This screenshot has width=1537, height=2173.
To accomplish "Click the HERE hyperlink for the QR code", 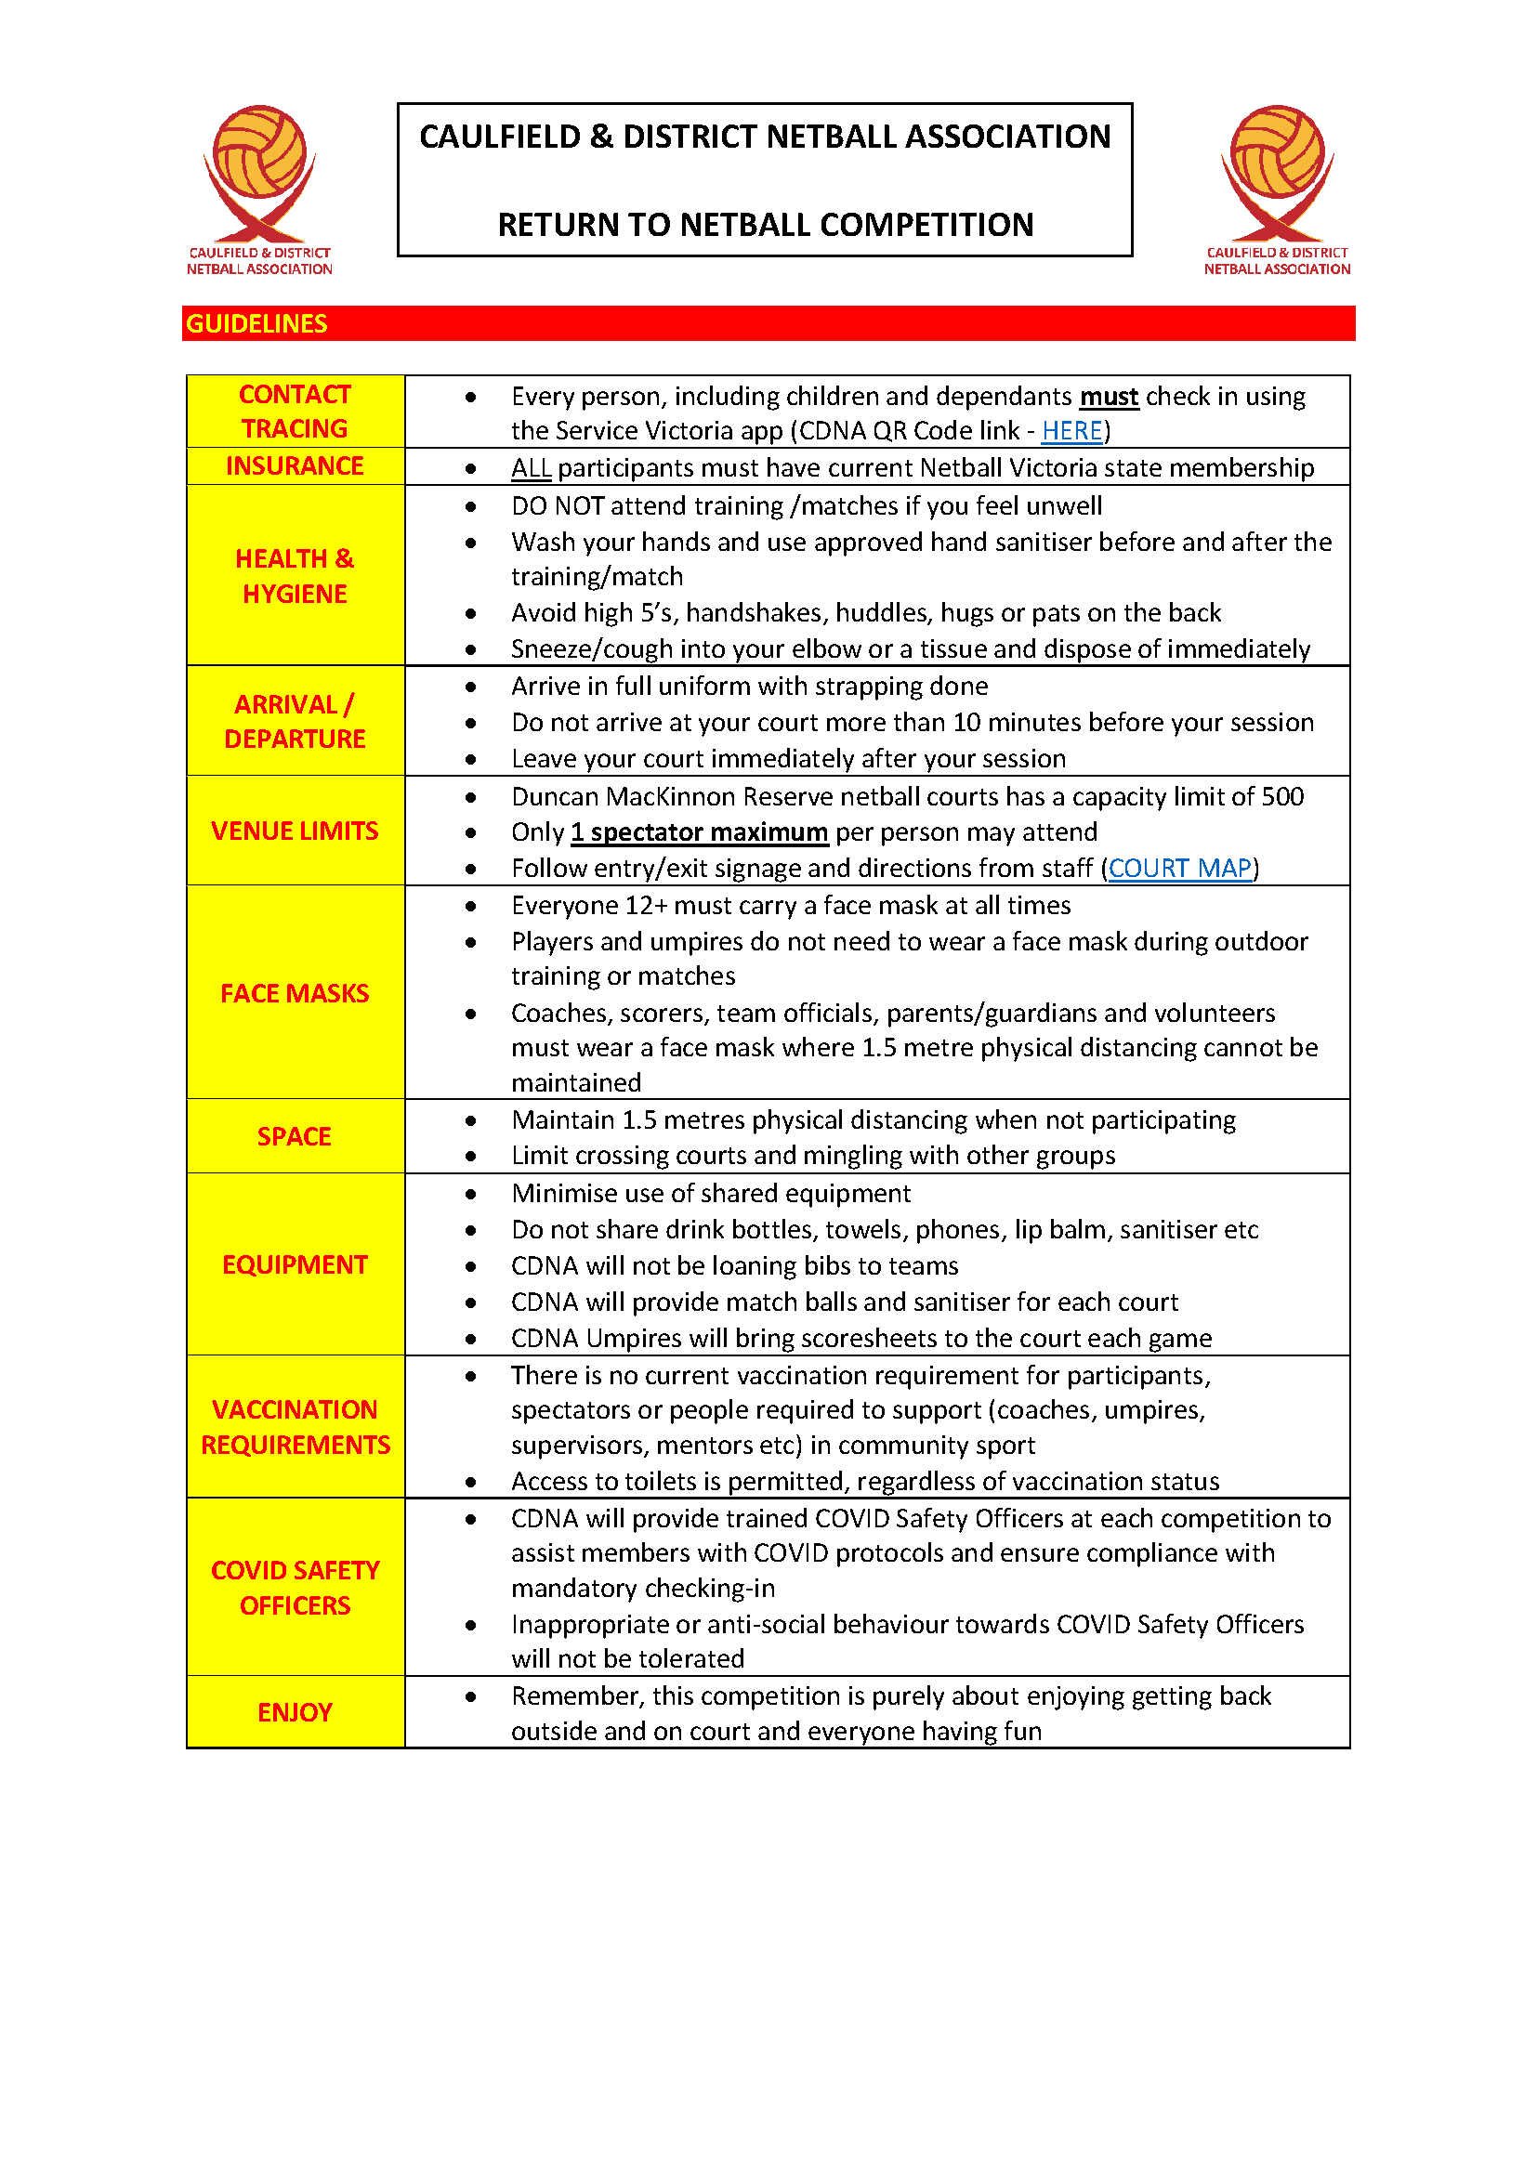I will [x=1071, y=431].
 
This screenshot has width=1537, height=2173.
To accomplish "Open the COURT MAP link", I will [x=1179, y=868].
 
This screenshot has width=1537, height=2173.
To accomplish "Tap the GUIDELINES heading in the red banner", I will [x=256, y=323].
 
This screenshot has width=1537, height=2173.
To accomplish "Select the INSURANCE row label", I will [x=295, y=465].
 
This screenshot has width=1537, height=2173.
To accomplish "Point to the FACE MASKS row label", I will [x=295, y=993].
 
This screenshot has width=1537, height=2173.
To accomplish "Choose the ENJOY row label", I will [x=295, y=1712].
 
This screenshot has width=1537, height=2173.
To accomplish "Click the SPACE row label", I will [x=295, y=1135].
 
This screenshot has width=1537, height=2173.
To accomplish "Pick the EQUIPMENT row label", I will [x=295, y=1264].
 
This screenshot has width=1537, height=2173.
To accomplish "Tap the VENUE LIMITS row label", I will [x=295, y=831].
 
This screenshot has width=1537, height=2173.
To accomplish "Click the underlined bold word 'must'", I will [x=1109, y=396].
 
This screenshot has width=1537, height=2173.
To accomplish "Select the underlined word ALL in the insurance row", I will [x=531, y=467].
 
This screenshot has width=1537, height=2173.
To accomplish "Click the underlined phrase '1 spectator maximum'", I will [x=700, y=831].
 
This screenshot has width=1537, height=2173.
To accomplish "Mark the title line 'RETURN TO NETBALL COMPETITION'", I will [x=765, y=224].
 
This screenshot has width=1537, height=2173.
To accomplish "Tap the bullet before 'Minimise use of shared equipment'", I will [x=470, y=1194].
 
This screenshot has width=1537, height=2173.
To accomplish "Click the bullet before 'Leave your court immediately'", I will [x=470, y=759].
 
